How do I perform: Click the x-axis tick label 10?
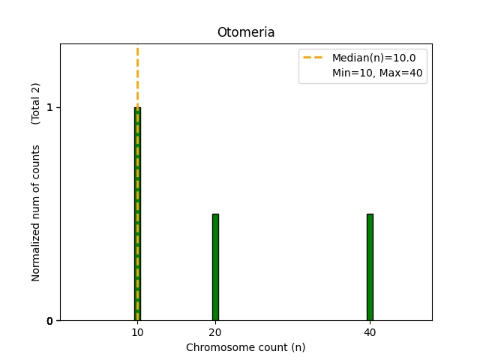[x=137, y=332]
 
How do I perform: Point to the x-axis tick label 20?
[x=215, y=332]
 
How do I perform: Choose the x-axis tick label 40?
[x=370, y=332]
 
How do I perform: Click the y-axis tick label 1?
[x=49, y=107]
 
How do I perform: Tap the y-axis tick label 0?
[x=49, y=321]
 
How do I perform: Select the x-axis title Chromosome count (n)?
[x=245, y=347]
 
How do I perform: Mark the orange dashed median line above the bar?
[x=137, y=75]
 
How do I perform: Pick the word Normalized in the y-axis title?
[x=35, y=253]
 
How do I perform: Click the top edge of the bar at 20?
[x=215, y=214]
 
